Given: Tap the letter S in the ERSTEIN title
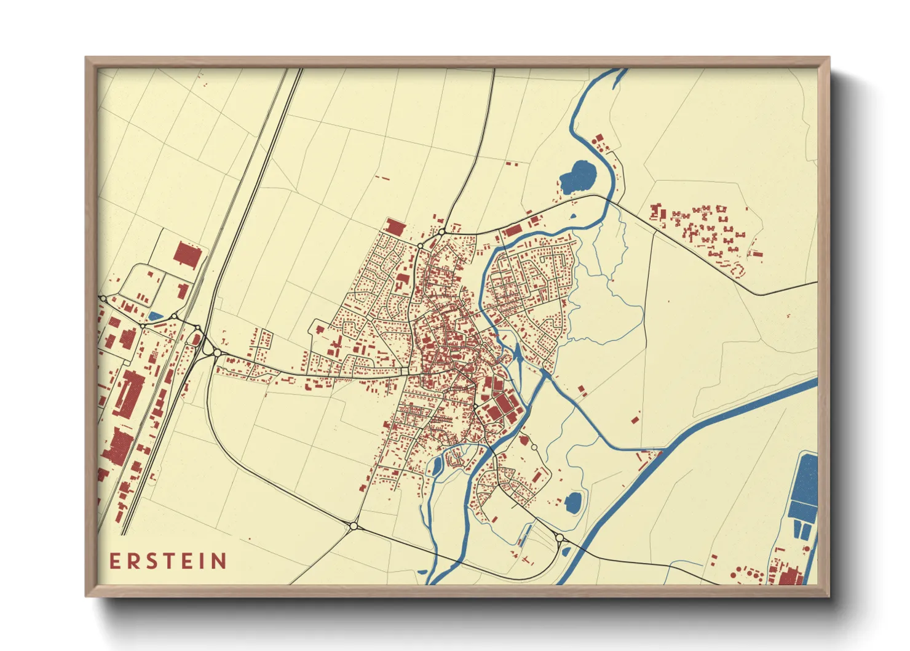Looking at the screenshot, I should tap(150, 561).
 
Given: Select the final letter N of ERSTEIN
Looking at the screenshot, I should tap(219, 561).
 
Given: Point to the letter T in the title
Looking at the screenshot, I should tap(167, 561).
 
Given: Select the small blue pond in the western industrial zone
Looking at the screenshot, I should tap(156, 316).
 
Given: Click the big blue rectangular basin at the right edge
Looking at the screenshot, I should tap(804, 486).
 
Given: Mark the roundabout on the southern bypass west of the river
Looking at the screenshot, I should tap(354, 526).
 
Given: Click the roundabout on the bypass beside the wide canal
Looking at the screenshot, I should tap(560, 538).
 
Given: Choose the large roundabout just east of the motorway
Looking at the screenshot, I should tap(217, 353).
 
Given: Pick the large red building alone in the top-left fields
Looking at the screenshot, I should tap(188, 255).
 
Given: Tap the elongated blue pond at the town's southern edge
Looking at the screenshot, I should tap(437, 466).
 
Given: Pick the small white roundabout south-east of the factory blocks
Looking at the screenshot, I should tap(534, 447).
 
